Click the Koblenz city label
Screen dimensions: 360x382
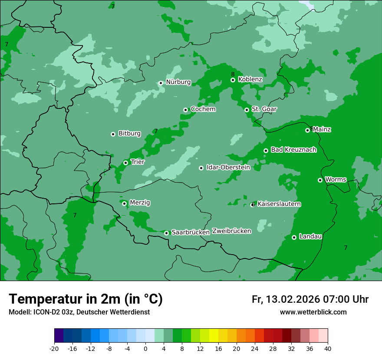250,79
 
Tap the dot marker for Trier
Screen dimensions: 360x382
125,163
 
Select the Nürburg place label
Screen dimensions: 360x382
178,82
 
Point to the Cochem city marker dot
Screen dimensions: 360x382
185,110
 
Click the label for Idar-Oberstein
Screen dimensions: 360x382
228,167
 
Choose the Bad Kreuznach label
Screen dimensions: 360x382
293,150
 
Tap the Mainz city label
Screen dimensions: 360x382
322,130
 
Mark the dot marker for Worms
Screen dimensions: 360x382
320,180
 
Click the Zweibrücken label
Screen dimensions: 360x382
231,231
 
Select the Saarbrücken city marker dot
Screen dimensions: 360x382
166,233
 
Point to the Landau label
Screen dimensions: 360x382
310,237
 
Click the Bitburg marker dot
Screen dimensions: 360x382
113,134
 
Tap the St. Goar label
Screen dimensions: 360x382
264,109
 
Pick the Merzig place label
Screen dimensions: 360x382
140,203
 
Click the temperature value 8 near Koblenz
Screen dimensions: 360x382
233,75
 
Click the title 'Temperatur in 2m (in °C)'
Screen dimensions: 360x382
86,299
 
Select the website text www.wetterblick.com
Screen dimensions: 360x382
313,312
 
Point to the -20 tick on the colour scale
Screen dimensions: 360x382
54,348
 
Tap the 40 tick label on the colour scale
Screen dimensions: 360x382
328,348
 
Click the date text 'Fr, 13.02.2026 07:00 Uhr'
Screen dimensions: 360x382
310,300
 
